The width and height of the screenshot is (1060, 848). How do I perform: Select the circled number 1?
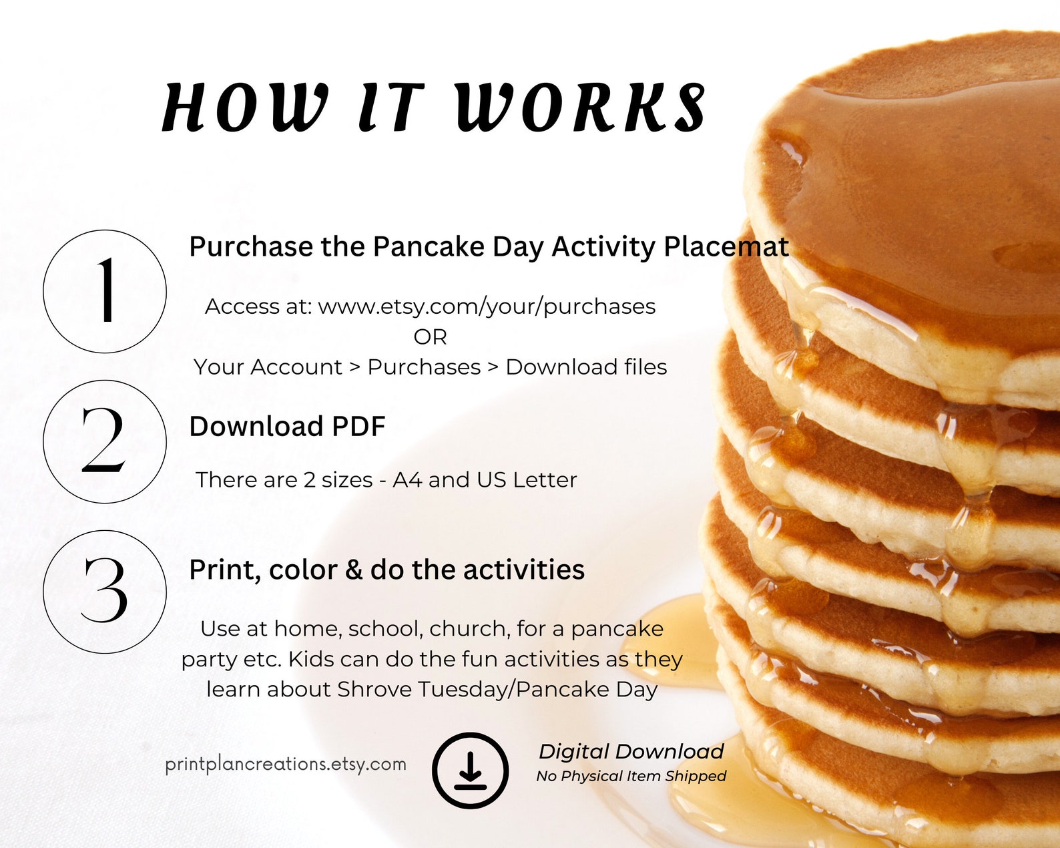click(x=105, y=291)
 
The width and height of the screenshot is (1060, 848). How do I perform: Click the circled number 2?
click(x=105, y=441)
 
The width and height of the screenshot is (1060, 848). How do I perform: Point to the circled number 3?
click(x=105, y=592)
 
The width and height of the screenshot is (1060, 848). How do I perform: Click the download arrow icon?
click(x=470, y=771)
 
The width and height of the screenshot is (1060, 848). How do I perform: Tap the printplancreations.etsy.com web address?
click(x=286, y=764)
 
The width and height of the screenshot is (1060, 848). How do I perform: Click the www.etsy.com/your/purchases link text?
click(x=487, y=306)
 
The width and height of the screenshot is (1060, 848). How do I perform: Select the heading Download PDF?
click(x=287, y=427)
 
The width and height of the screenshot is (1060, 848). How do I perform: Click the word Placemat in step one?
click(x=726, y=247)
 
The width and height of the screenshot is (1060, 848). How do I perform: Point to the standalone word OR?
click(x=430, y=337)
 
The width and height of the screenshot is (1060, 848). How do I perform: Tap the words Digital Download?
click(x=631, y=751)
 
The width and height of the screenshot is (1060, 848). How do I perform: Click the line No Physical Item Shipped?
click(x=631, y=776)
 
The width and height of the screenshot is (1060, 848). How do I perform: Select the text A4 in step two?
click(x=407, y=480)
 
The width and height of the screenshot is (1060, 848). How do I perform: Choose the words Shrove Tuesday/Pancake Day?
click(x=497, y=689)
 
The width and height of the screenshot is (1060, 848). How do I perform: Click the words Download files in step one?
click(x=586, y=367)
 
